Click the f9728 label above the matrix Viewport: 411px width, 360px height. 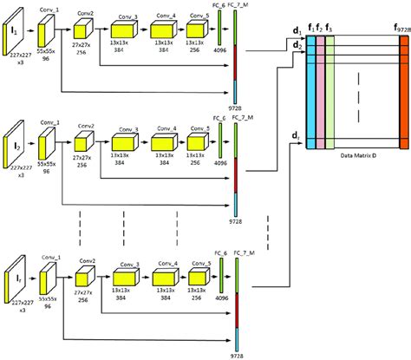coord(401,29)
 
